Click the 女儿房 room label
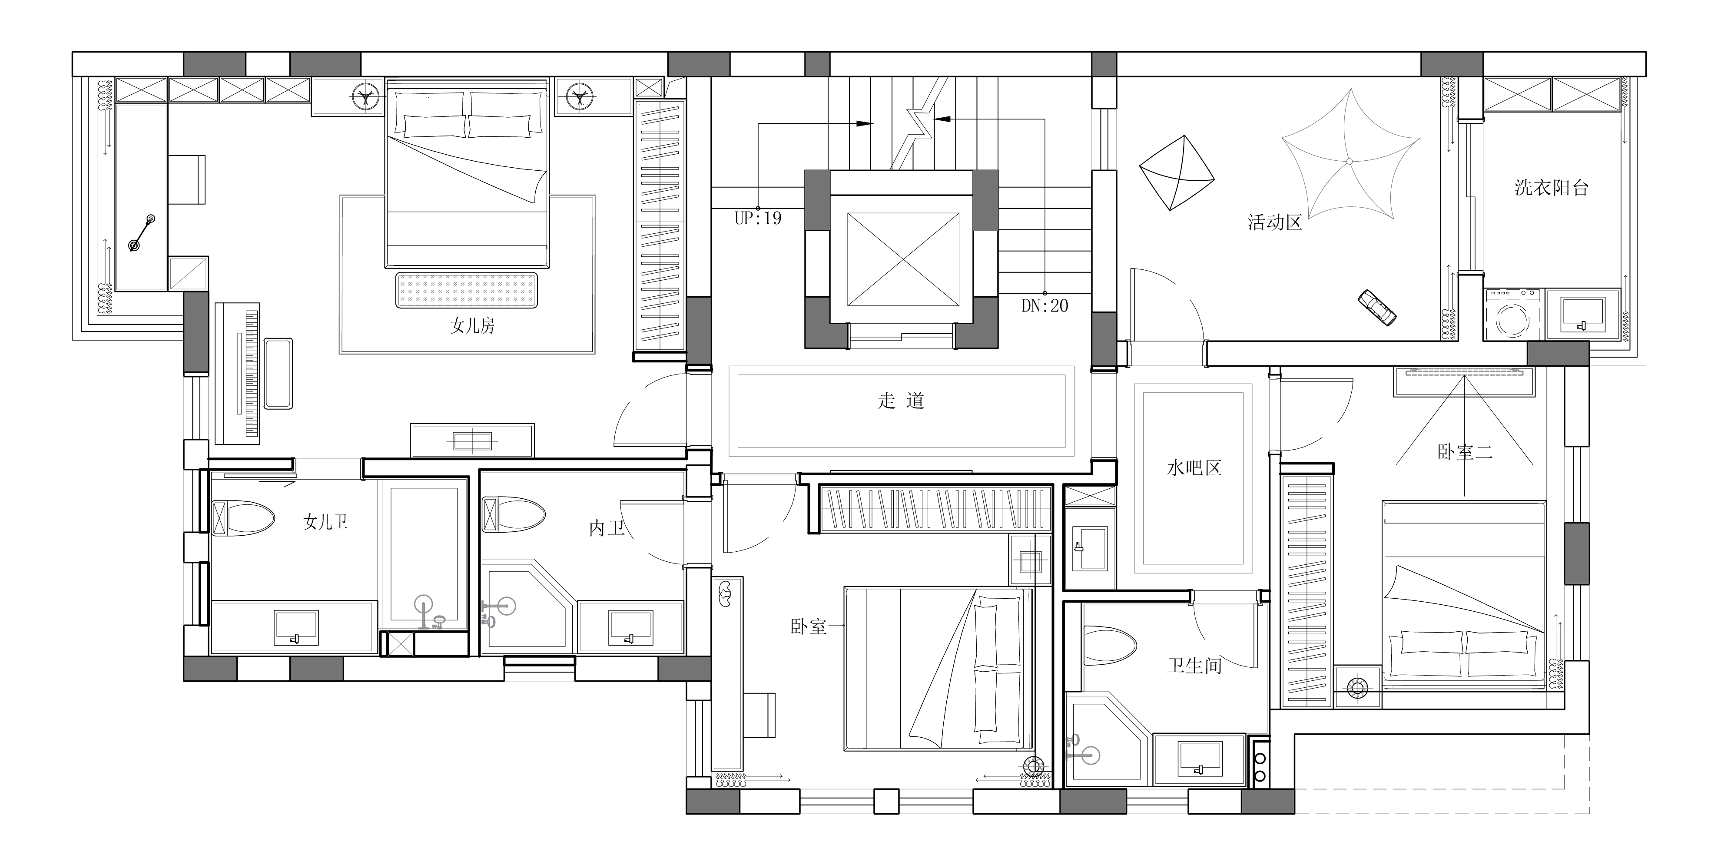(x=472, y=326)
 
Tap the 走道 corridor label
(x=901, y=401)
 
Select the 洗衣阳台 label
(x=1551, y=188)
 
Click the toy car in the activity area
(x=1377, y=307)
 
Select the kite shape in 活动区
(x=1176, y=172)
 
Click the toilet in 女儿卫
(x=243, y=518)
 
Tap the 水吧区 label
(x=1194, y=468)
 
